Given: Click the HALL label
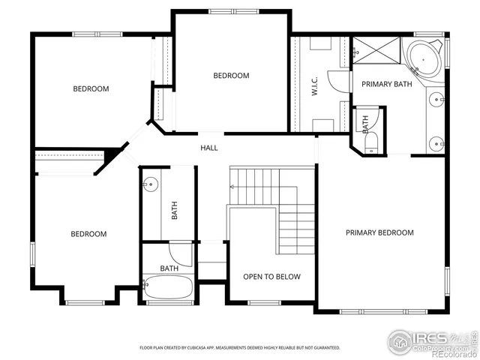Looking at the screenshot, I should coord(209,148).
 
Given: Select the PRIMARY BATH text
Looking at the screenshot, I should coord(386,85).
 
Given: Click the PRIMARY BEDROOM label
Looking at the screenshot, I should coord(379,232).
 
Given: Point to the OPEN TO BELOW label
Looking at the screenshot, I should coord(271,277).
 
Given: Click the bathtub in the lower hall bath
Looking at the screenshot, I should coord(168,288).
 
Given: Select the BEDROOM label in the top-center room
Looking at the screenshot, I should coord(231,76).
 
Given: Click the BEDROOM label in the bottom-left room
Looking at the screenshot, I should coord(88,234).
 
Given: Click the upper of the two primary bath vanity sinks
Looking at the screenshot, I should coord(436,99).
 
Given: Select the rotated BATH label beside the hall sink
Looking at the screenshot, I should coord(175,210).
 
